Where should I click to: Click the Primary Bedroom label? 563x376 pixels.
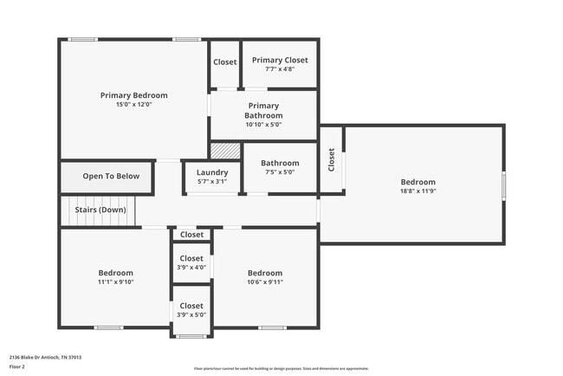point(133,95)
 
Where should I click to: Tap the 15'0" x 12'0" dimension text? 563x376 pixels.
point(133,105)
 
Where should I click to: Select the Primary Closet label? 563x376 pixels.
point(279,60)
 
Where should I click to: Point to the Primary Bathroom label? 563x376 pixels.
point(263,110)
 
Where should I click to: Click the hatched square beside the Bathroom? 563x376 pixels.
point(225,150)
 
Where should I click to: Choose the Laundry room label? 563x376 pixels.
point(212,172)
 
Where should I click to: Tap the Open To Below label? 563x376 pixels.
point(111,177)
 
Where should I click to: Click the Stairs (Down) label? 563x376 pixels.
point(100,210)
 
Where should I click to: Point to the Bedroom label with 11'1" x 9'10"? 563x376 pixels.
point(115,272)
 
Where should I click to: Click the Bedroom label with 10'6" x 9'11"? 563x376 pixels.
point(265,272)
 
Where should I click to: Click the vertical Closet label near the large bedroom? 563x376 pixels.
point(331,159)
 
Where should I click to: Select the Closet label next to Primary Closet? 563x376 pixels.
point(225,62)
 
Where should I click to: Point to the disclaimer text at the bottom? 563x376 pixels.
point(281,368)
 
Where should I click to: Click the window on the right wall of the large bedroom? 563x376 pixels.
point(504,185)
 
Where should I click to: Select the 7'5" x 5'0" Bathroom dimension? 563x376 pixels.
point(280,172)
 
